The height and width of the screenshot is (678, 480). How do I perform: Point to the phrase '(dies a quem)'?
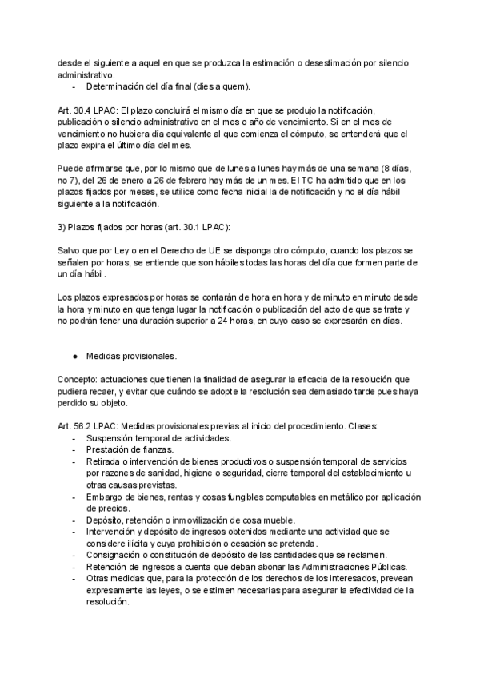point(224,86)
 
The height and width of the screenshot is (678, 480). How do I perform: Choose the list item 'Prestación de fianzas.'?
point(129,450)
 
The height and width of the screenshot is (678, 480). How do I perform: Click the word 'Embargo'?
point(105,497)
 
